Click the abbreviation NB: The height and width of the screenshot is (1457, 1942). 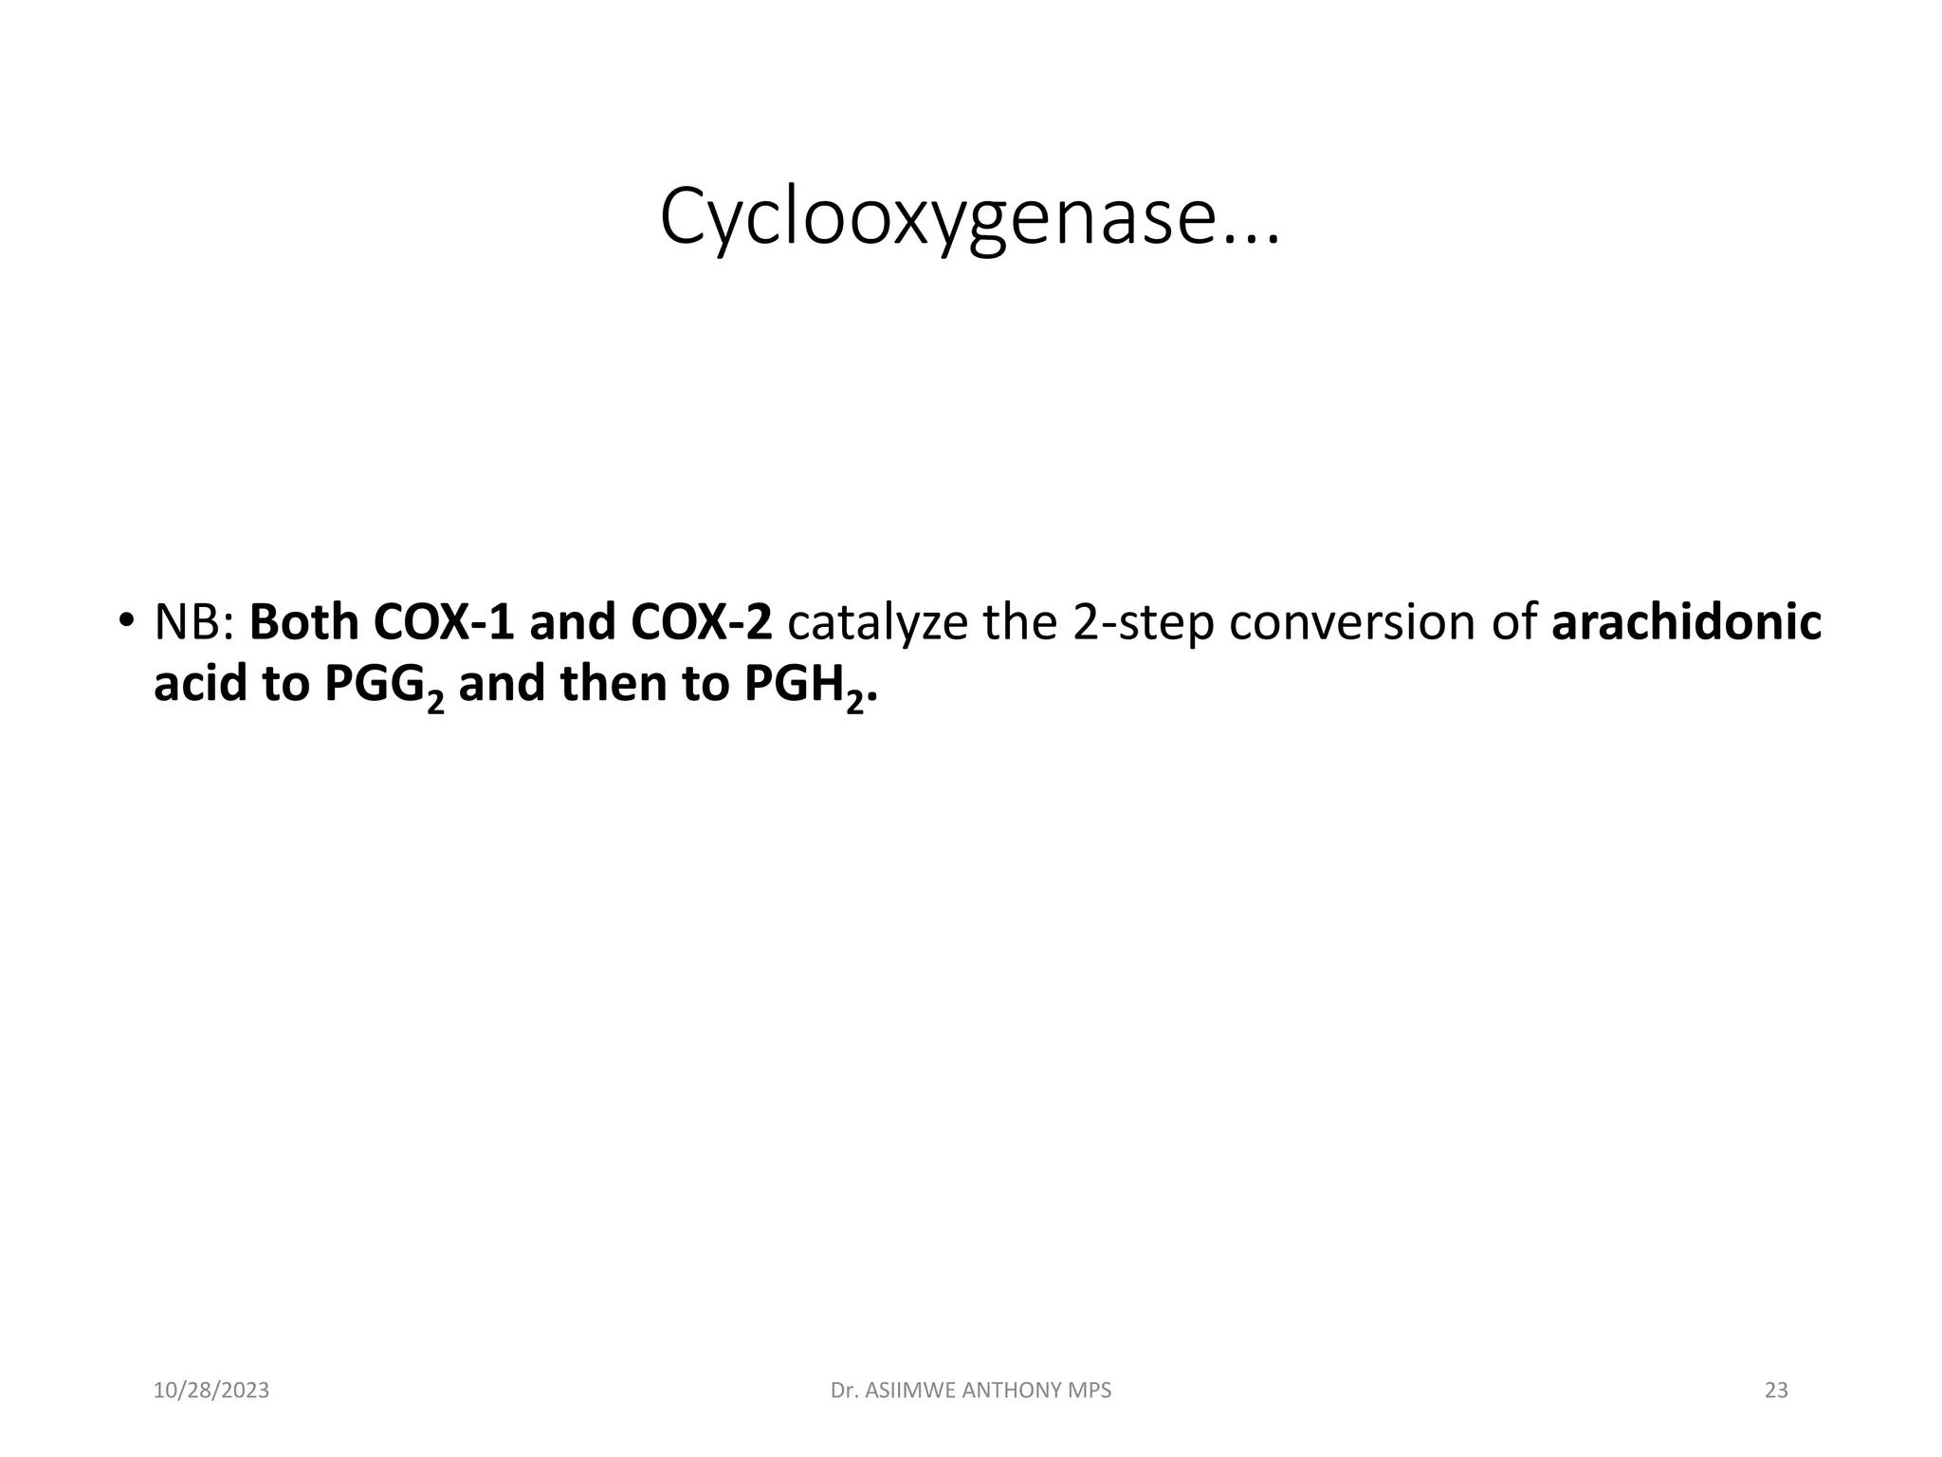tap(194, 623)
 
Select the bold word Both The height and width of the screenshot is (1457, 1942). tap(303, 623)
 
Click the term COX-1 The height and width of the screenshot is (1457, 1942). tap(443, 623)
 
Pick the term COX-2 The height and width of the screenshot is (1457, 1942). tap(701, 623)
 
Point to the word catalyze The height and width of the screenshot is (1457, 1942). tap(877, 623)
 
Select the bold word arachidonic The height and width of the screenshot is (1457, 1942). tap(1686, 623)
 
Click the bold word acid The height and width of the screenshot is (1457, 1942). tap(200, 684)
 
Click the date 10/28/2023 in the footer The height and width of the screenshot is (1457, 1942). tap(211, 1391)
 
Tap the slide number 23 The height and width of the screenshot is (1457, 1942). tap(1776, 1391)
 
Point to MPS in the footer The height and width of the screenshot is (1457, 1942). tap(1090, 1391)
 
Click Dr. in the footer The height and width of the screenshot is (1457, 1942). tap(844, 1391)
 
